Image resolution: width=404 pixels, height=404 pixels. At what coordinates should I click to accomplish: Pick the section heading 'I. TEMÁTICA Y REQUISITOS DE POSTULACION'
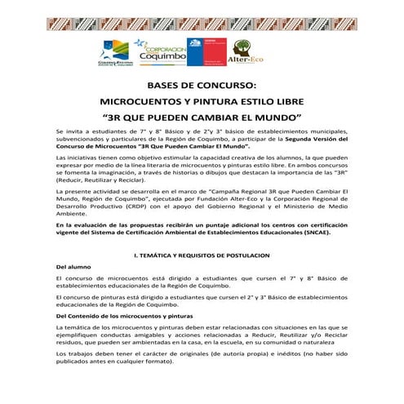pos(202,255)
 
